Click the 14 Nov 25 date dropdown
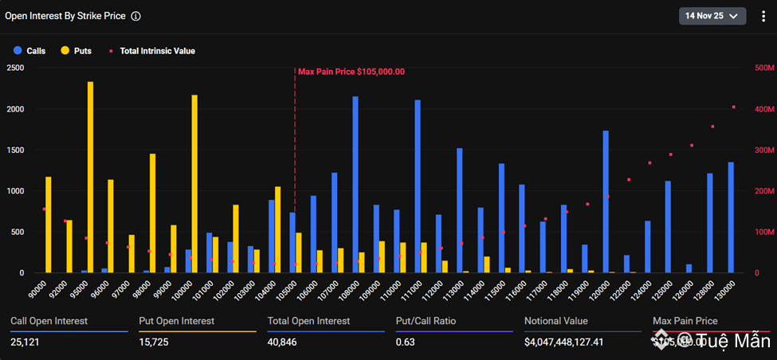click(712, 15)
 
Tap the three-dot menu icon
click(762, 16)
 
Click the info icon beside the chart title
click(135, 16)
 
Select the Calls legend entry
click(30, 51)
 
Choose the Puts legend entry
click(77, 51)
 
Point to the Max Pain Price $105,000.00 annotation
click(351, 72)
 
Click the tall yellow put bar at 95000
click(90, 177)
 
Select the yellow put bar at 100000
click(194, 184)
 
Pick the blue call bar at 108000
click(355, 185)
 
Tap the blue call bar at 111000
click(418, 186)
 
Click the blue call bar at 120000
click(606, 202)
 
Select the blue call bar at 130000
click(731, 217)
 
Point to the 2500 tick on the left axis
click(14, 68)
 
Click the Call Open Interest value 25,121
click(28, 342)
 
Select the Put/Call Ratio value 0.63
click(406, 342)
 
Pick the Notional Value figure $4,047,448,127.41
click(578, 342)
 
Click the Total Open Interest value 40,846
click(285, 342)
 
